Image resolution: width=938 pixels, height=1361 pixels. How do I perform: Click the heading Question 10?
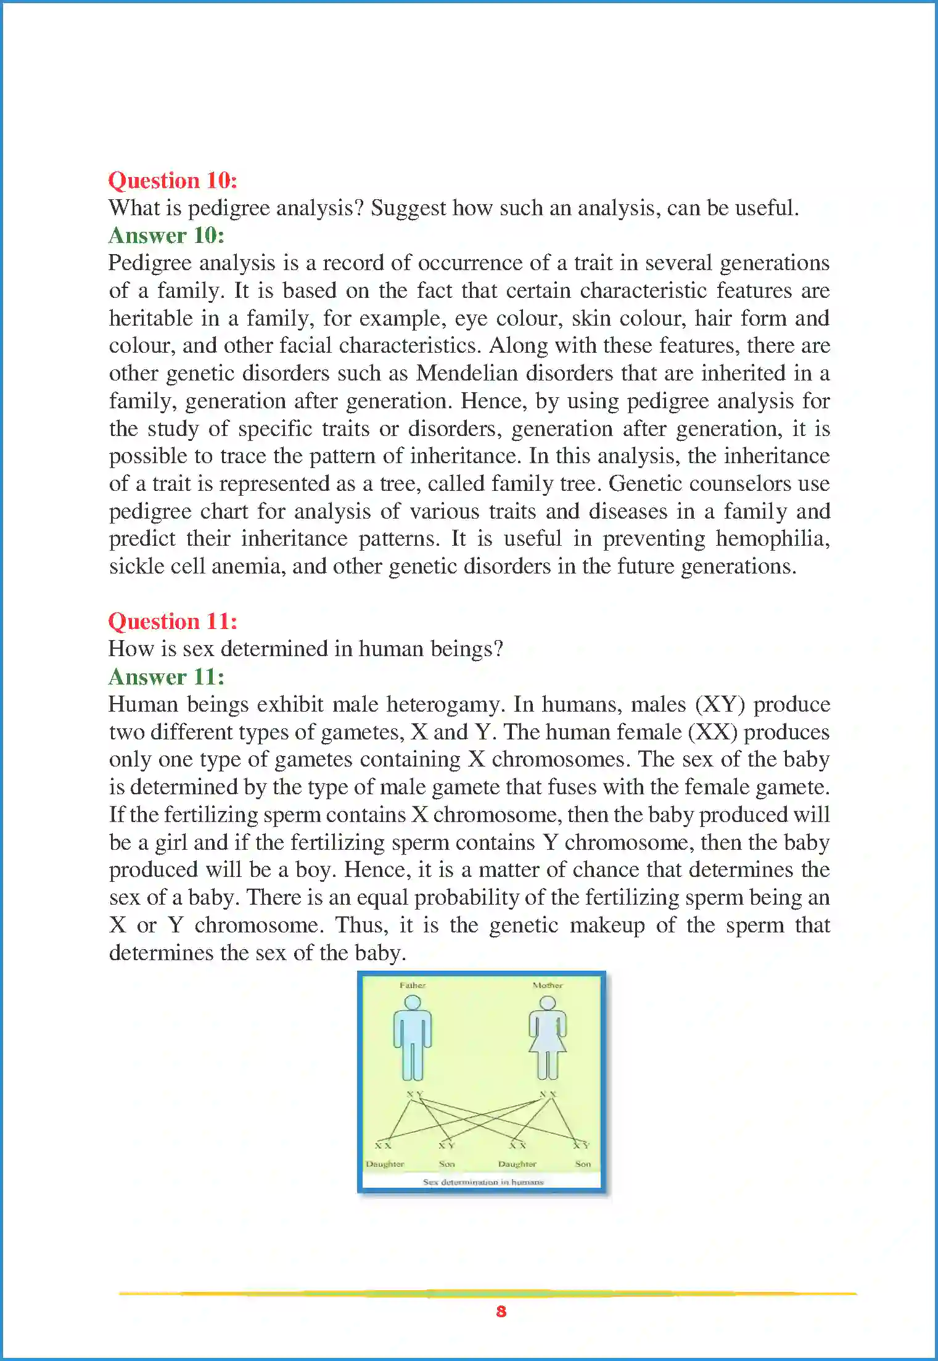(x=173, y=181)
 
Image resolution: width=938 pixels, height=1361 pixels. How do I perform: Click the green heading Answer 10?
(x=167, y=236)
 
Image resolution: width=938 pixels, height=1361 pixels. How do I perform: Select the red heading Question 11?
(x=173, y=622)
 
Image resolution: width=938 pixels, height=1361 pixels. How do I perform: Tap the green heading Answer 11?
(x=167, y=677)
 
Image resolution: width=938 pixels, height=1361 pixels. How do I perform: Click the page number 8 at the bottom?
(x=501, y=1311)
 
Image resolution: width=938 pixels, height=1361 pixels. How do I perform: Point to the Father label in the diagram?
(x=413, y=985)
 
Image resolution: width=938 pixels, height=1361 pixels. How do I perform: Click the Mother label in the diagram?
(x=548, y=985)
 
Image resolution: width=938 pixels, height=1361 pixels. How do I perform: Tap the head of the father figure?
(x=413, y=1002)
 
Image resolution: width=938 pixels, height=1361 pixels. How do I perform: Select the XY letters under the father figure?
(x=414, y=1094)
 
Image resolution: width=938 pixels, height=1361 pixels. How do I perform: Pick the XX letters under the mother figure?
(x=548, y=1094)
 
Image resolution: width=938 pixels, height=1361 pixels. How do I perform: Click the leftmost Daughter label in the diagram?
(x=385, y=1164)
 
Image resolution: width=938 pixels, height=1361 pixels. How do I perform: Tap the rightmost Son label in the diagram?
(x=583, y=1164)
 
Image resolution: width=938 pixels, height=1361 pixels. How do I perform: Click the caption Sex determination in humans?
(x=483, y=1182)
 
